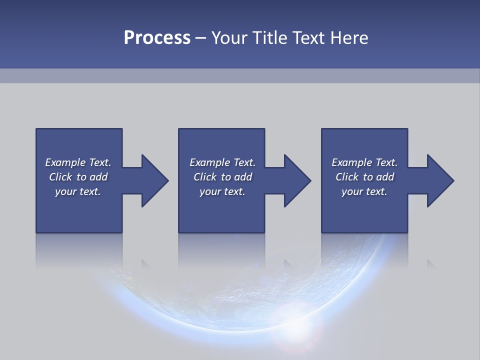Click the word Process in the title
click(157, 38)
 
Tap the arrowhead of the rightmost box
click(439, 180)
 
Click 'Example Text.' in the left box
click(78, 162)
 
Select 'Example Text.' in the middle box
click(222, 162)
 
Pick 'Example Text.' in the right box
click(364, 162)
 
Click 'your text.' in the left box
click(78, 191)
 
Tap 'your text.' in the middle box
click(222, 191)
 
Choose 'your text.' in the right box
click(364, 191)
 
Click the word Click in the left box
click(60, 177)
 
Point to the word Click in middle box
click(204, 177)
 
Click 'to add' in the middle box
click(236, 177)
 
